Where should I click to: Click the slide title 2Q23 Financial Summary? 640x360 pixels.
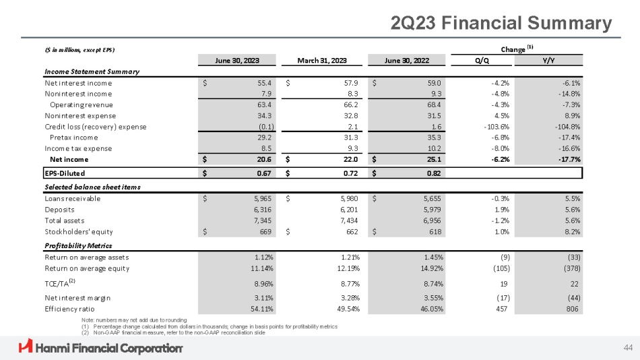[x=501, y=24]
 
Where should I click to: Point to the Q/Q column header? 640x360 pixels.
[x=482, y=59]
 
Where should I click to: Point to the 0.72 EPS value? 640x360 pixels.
[x=348, y=173]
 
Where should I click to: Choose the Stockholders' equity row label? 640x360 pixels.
[x=79, y=232]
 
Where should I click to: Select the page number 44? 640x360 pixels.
[x=628, y=347]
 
